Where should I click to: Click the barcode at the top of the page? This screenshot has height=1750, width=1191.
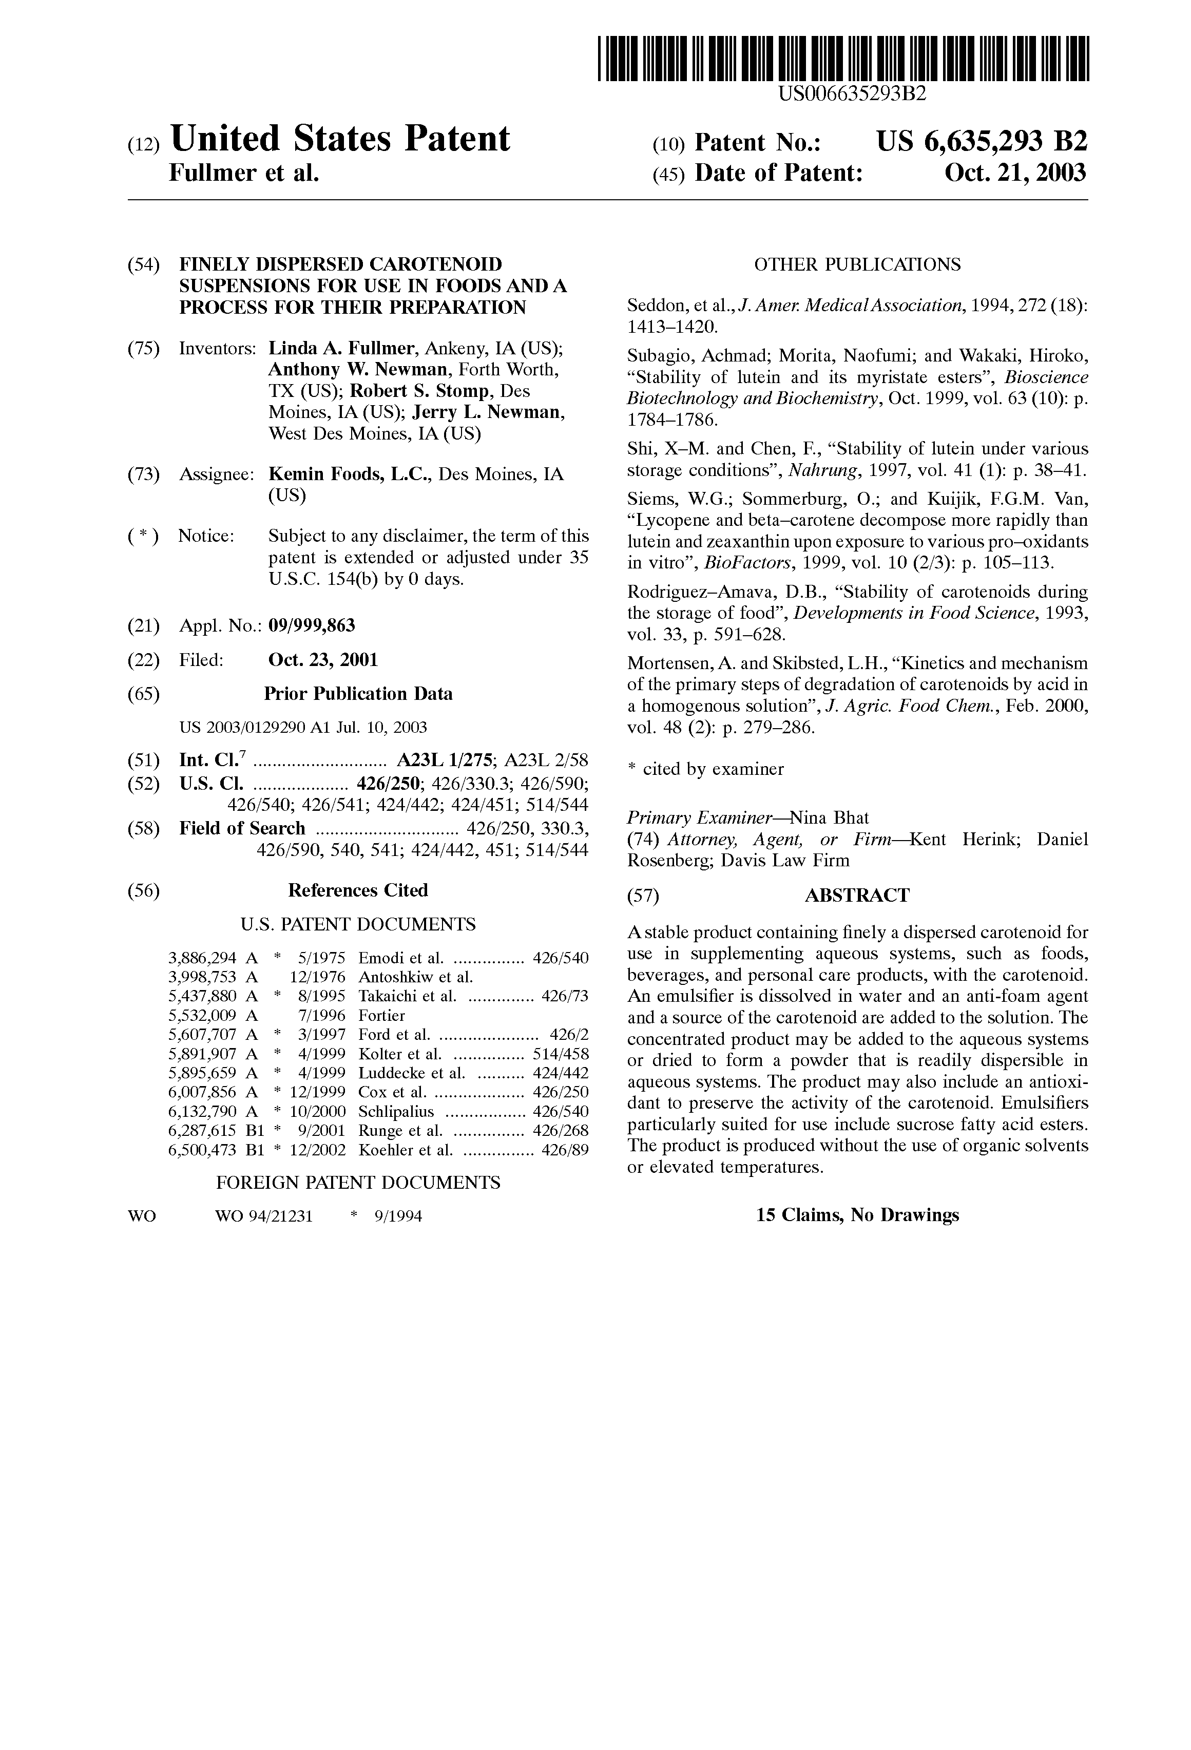click(x=843, y=59)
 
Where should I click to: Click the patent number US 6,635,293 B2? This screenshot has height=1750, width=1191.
click(x=982, y=142)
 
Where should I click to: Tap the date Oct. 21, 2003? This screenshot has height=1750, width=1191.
click(x=1015, y=173)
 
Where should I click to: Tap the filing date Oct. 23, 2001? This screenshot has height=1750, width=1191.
click(x=323, y=660)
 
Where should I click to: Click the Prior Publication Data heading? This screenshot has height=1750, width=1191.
click(x=358, y=694)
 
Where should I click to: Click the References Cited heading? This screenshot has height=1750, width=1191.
click(x=358, y=890)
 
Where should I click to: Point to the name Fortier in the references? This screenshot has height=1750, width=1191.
click(x=382, y=1016)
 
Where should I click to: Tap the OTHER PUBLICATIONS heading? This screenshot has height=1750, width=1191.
click(x=857, y=264)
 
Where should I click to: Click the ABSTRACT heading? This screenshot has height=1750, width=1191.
click(x=857, y=896)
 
